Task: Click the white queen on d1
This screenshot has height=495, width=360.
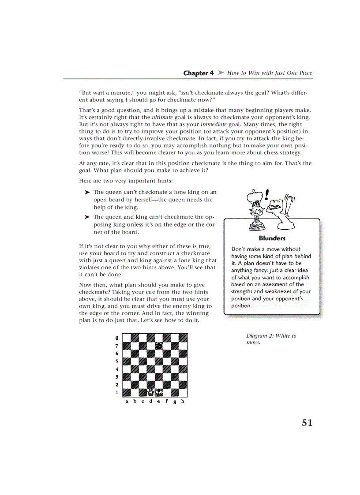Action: click(x=151, y=392)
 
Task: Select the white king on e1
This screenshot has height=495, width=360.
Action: click(x=159, y=392)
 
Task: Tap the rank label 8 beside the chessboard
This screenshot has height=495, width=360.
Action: click(x=116, y=338)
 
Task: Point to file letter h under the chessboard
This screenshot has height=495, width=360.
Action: click(x=182, y=402)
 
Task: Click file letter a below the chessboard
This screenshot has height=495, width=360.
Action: click(x=127, y=402)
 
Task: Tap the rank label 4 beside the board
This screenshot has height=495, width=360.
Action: click(x=116, y=369)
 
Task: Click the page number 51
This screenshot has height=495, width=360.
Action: click(x=307, y=423)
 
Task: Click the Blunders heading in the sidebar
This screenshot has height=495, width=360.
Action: click(x=272, y=238)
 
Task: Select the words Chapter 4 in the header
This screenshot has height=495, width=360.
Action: click(x=198, y=73)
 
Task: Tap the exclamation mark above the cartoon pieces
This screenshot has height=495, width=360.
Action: click(x=267, y=194)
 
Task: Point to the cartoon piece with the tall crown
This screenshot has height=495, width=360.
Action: click(x=255, y=209)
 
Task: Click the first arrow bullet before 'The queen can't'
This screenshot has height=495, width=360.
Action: click(x=87, y=192)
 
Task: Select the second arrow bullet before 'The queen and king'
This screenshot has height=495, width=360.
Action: click(x=87, y=217)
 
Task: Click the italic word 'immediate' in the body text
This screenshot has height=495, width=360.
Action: click(x=214, y=124)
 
